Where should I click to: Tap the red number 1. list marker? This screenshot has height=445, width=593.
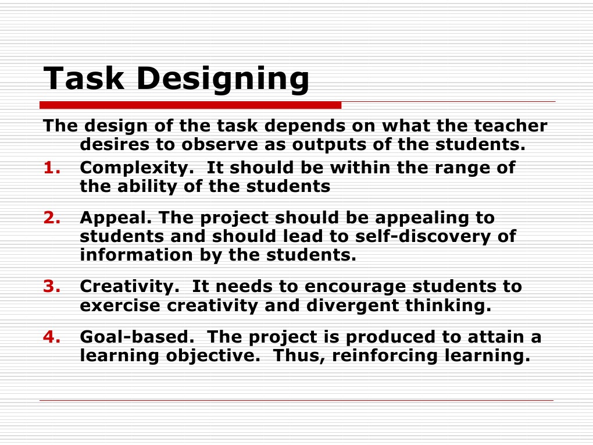point(52,168)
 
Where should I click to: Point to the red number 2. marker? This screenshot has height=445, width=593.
point(52,218)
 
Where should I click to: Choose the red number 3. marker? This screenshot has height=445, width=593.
point(52,287)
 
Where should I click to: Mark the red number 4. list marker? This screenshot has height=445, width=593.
point(52,337)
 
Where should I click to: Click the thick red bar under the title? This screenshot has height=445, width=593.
point(190,105)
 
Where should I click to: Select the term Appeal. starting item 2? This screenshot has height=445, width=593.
point(116,219)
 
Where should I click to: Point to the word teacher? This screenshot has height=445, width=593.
point(510,126)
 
